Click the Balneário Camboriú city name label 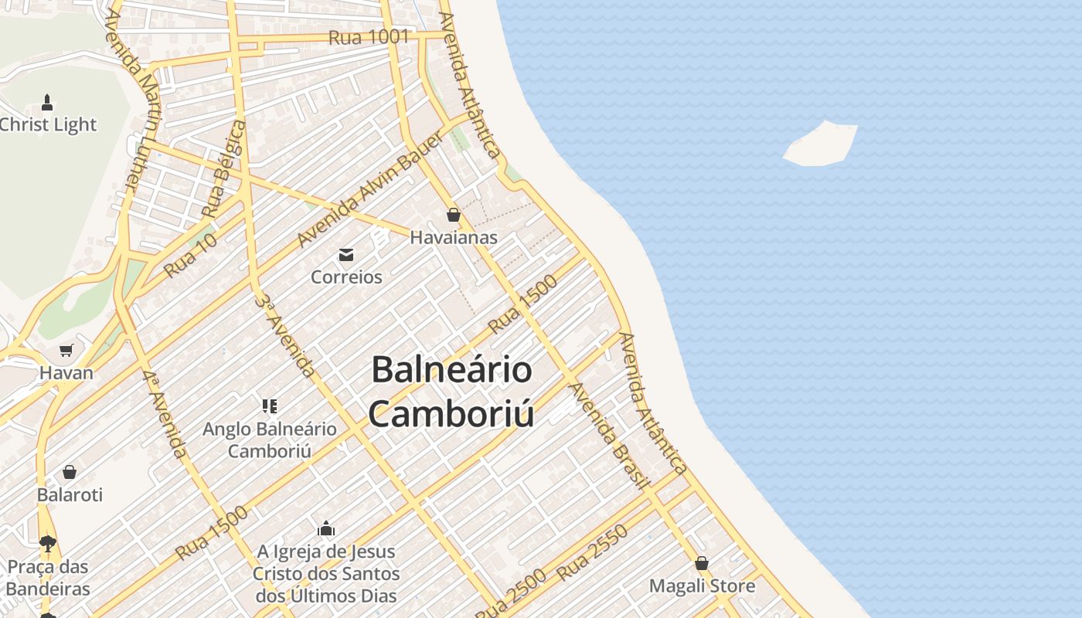tap(452, 392)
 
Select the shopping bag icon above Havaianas tap(454, 215)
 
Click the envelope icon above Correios tap(345, 254)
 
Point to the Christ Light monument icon tap(47, 103)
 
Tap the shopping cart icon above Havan tap(66, 351)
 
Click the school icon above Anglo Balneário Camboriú tap(269, 406)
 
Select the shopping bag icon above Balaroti tap(70, 471)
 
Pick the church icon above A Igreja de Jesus tap(326, 529)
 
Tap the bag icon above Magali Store tap(702, 563)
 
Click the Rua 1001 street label tap(369, 37)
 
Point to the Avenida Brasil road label tap(608, 436)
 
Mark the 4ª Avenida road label tap(165, 413)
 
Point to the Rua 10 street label tap(190, 256)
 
